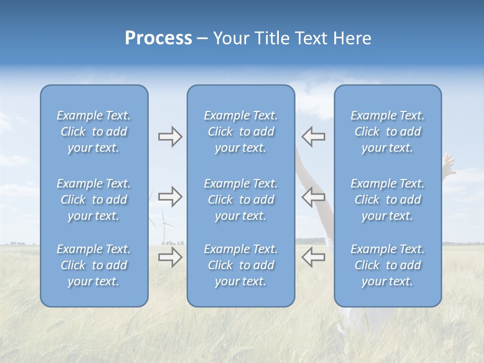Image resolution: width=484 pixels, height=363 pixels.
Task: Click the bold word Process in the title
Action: point(158,38)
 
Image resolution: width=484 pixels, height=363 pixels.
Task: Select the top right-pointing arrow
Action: point(170,137)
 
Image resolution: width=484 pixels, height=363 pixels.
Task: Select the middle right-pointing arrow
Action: point(170,197)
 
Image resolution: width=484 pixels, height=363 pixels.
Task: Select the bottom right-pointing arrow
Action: point(170,257)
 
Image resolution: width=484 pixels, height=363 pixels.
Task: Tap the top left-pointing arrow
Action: point(313,137)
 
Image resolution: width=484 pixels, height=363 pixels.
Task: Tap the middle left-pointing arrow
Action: point(313,197)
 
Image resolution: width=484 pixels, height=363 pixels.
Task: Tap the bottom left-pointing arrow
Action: point(313,257)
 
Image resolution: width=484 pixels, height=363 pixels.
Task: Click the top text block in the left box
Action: point(94,132)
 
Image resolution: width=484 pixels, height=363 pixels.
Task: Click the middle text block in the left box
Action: point(94,200)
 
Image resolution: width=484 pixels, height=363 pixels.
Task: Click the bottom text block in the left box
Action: point(94,265)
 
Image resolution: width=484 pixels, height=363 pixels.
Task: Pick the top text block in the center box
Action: point(240,132)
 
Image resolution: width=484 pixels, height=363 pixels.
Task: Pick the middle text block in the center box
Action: point(240,200)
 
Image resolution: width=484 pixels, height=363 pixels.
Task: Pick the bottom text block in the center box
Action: point(240,265)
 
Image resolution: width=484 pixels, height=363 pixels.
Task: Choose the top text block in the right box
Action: point(387,132)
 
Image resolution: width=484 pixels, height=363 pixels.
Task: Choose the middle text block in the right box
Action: point(387,200)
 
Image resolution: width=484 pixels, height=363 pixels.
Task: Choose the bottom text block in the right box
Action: point(387,265)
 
